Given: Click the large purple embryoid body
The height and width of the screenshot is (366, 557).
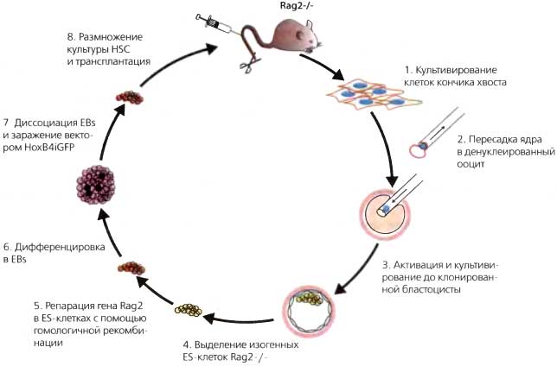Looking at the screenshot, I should click(x=98, y=186).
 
